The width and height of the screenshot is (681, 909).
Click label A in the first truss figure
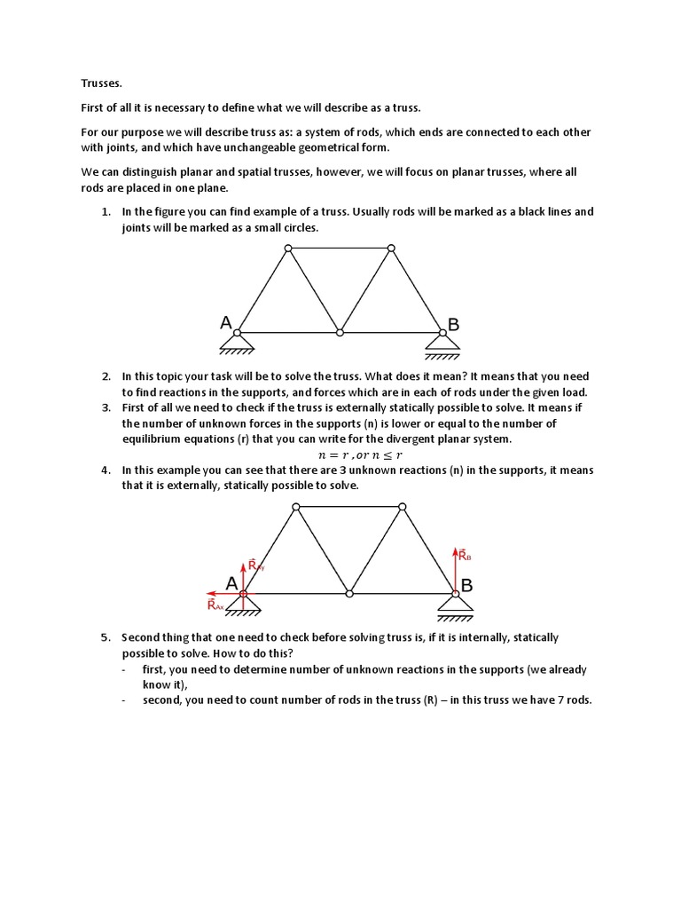tap(227, 325)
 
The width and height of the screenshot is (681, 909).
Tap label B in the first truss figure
tap(454, 326)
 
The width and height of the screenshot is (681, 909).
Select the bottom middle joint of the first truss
tap(340, 333)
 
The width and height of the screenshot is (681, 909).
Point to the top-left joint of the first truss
tap(287, 249)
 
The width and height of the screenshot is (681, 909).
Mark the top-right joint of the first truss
tap(391, 249)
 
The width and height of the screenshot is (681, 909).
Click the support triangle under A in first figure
tap(238, 343)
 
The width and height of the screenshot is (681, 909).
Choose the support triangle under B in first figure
tap(441, 343)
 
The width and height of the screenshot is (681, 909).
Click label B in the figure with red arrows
tap(466, 586)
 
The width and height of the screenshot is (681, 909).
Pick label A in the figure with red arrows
tap(231, 583)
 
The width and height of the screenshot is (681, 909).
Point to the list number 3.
tap(105, 408)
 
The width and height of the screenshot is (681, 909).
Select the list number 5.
tap(105, 637)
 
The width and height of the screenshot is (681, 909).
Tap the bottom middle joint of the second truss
tap(349, 593)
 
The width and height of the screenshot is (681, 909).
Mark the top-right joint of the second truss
tap(403, 507)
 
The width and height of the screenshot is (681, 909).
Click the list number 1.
tap(105, 212)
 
